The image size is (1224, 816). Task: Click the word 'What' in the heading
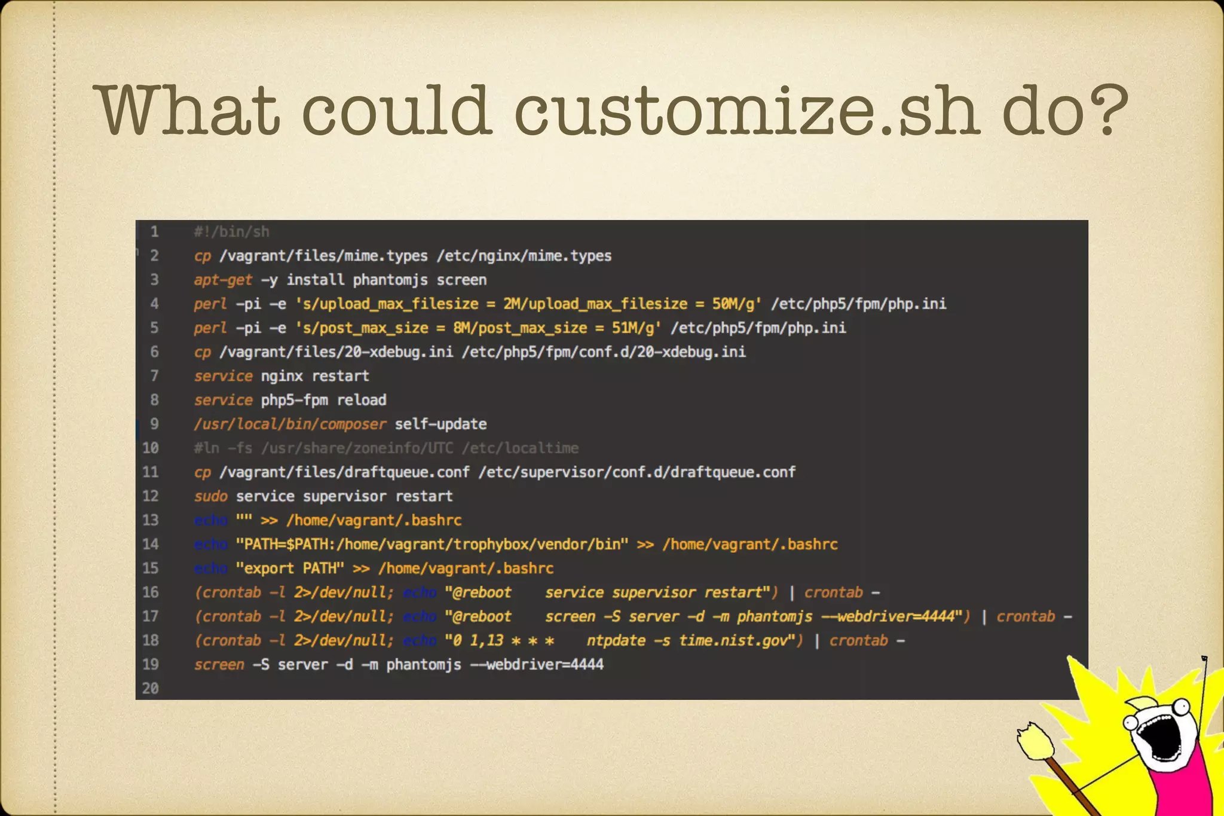click(x=189, y=111)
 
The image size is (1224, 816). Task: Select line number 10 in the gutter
click(x=151, y=448)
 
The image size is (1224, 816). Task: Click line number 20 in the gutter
click(x=151, y=688)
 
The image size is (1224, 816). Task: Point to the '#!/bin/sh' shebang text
click(x=231, y=232)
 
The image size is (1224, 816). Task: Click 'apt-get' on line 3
click(x=223, y=280)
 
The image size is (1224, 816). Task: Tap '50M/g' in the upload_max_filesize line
click(x=736, y=304)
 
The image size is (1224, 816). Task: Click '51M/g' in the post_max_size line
click(x=636, y=328)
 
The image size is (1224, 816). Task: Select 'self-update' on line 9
click(x=440, y=424)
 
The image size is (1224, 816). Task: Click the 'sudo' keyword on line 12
click(x=210, y=496)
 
